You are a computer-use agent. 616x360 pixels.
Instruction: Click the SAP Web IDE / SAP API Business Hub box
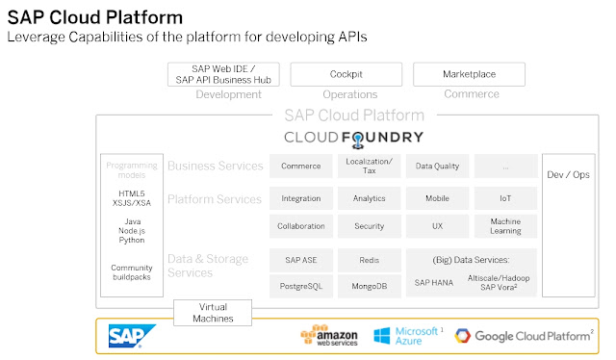click(x=223, y=74)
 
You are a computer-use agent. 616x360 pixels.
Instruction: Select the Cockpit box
click(x=346, y=74)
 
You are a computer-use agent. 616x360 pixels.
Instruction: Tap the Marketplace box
click(x=469, y=74)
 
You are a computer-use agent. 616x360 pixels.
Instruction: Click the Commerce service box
click(x=301, y=166)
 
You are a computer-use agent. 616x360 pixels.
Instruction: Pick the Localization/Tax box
click(x=370, y=166)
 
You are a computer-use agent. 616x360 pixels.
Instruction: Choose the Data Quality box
click(x=437, y=166)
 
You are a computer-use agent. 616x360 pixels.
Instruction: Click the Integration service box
click(x=301, y=198)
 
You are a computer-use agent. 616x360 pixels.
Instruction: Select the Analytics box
click(x=370, y=198)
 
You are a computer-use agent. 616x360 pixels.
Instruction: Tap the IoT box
click(x=505, y=198)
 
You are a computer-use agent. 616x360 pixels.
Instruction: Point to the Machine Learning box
click(x=505, y=226)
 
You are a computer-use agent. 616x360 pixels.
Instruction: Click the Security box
click(x=370, y=226)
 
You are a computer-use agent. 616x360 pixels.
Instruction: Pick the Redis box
click(x=370, y=260)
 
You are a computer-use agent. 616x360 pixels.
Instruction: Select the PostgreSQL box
click(x=301, y=286)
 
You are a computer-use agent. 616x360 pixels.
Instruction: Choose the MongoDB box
click(x=370, y=286)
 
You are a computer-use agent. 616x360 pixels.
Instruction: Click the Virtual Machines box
click(x=213, y=313)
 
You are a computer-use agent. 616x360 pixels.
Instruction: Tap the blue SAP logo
click(x=132, y=336)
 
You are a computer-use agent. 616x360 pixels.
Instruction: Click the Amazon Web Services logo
click(x=329, y=335)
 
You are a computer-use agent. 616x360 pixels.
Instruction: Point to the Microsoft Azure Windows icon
click(x=382, y=336)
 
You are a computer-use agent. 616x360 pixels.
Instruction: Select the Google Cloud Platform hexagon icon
click(x=462, y=336)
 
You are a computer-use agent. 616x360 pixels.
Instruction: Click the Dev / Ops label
click(x=568, y=174)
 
